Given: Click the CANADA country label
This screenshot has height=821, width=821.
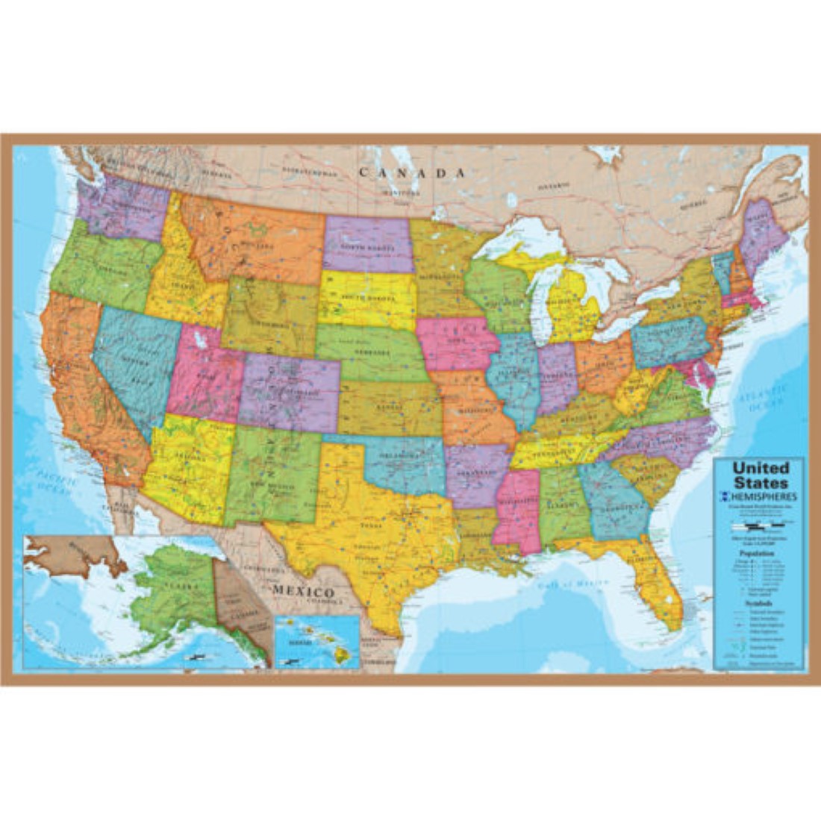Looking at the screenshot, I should (x=413, y=172).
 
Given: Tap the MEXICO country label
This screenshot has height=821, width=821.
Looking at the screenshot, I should (x=303, y=590).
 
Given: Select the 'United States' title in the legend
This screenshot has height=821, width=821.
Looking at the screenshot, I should (x=760, y=475).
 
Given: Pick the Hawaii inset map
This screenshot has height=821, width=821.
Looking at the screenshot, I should (x=317, y=642).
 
